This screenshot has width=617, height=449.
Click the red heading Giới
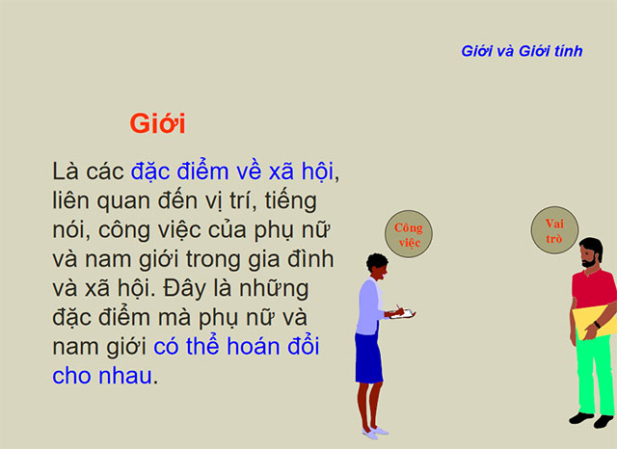(x=157, y=124)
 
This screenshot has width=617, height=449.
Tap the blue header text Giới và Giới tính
(x=522, y=51)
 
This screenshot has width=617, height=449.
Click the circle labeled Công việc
(x=409, y=235)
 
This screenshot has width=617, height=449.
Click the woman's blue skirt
(x=368, y=357)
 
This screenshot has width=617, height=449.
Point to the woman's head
(x=377, y=266)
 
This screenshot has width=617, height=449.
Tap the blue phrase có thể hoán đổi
(x=236, y=346)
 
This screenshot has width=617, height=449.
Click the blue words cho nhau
(x=101, y=375)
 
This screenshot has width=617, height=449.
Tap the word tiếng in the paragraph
(x=290, y=201)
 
